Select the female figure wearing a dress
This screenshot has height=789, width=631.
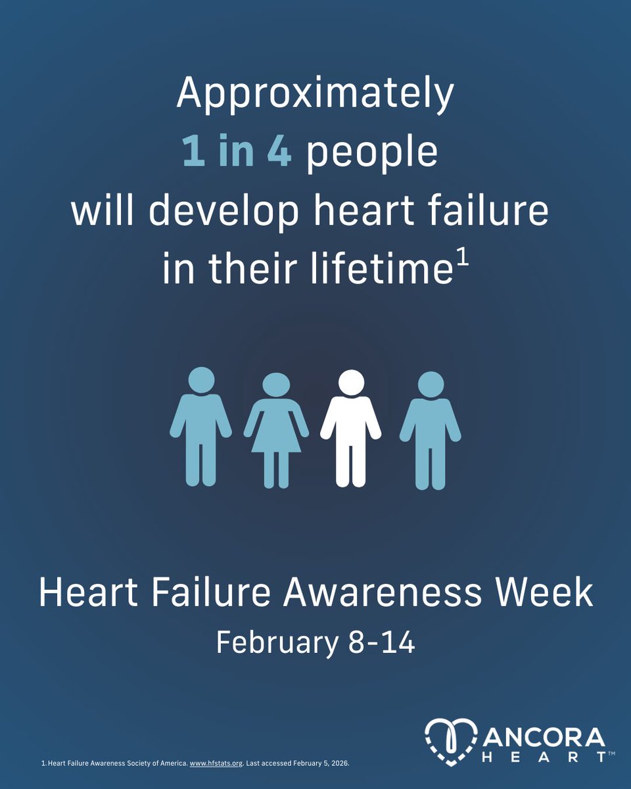(x=276, y=431)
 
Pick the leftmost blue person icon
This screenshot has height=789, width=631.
(x=200, y=427)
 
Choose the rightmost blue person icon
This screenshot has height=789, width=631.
(x=431, y=431)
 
